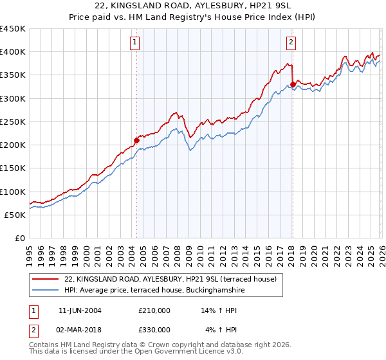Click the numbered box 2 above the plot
point(291,43)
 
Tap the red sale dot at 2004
point(136,140)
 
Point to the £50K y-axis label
point(15,215)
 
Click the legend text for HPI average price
point(154,290)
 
